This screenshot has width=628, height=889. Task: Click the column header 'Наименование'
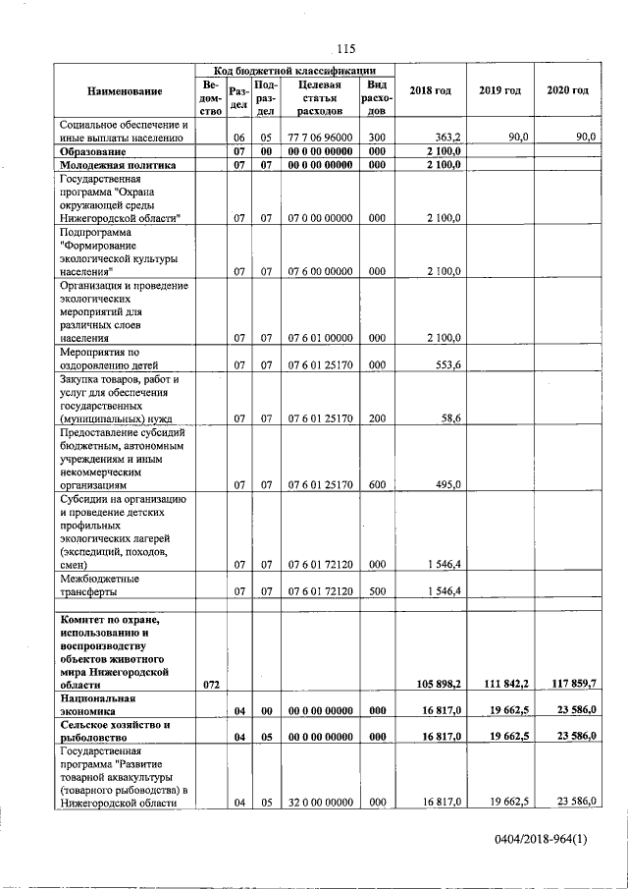pos(125,91)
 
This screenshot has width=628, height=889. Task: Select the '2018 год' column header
pos(431,91)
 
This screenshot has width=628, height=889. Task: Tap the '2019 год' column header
pos(499,91)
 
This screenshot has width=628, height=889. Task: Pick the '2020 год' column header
pos(568,91)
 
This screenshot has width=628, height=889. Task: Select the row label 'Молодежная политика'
pos(117,166)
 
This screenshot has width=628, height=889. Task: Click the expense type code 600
pos(377,484)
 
